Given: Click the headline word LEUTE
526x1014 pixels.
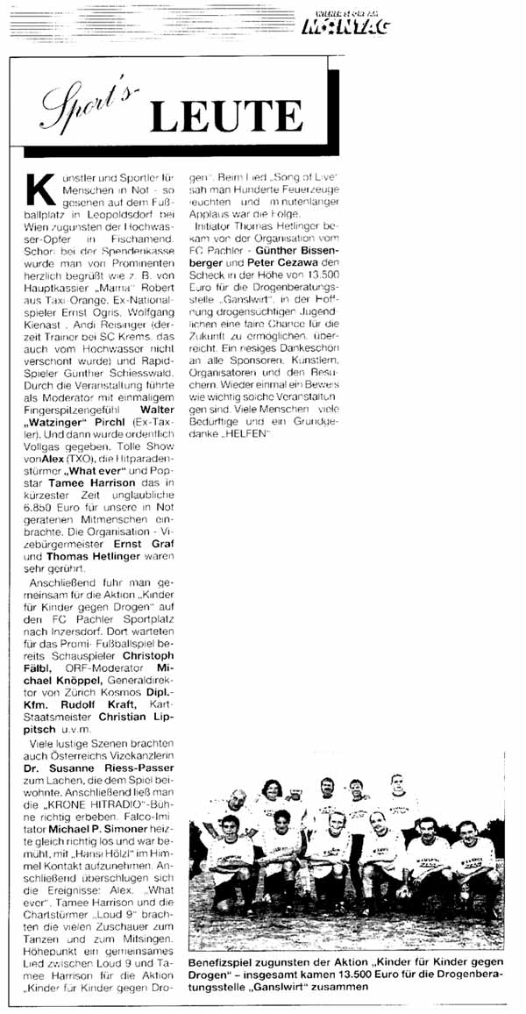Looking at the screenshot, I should tap(226, 116).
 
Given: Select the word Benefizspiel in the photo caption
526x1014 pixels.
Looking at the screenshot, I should tap(236, 962).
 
